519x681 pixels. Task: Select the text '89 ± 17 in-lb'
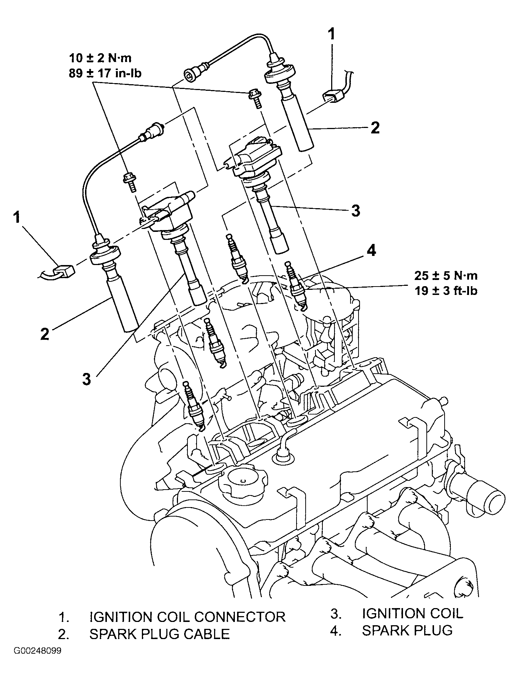(x=105, y=73)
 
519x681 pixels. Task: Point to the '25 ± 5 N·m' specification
(x=446, y=275)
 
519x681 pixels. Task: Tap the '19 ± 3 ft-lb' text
(x=446, y=291)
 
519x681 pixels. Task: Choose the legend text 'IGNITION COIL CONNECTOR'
(x=187, y=617)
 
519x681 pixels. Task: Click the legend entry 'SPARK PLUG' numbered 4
(x=407, y=630)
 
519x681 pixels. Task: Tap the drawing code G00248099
(x=38, y=651)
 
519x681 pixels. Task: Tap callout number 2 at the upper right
(x=375, y=128)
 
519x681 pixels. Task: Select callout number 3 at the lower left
(x=86, y=379)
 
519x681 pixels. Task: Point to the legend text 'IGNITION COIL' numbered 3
(x=413, y=613)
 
